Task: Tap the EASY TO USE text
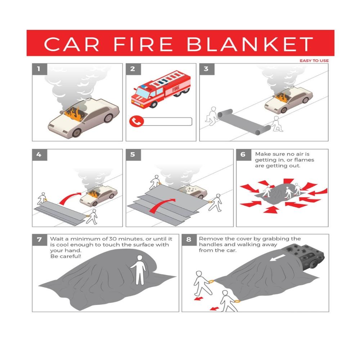click(314, 60)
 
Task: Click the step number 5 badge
click(133, 155)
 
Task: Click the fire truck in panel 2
click(160, 90)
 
